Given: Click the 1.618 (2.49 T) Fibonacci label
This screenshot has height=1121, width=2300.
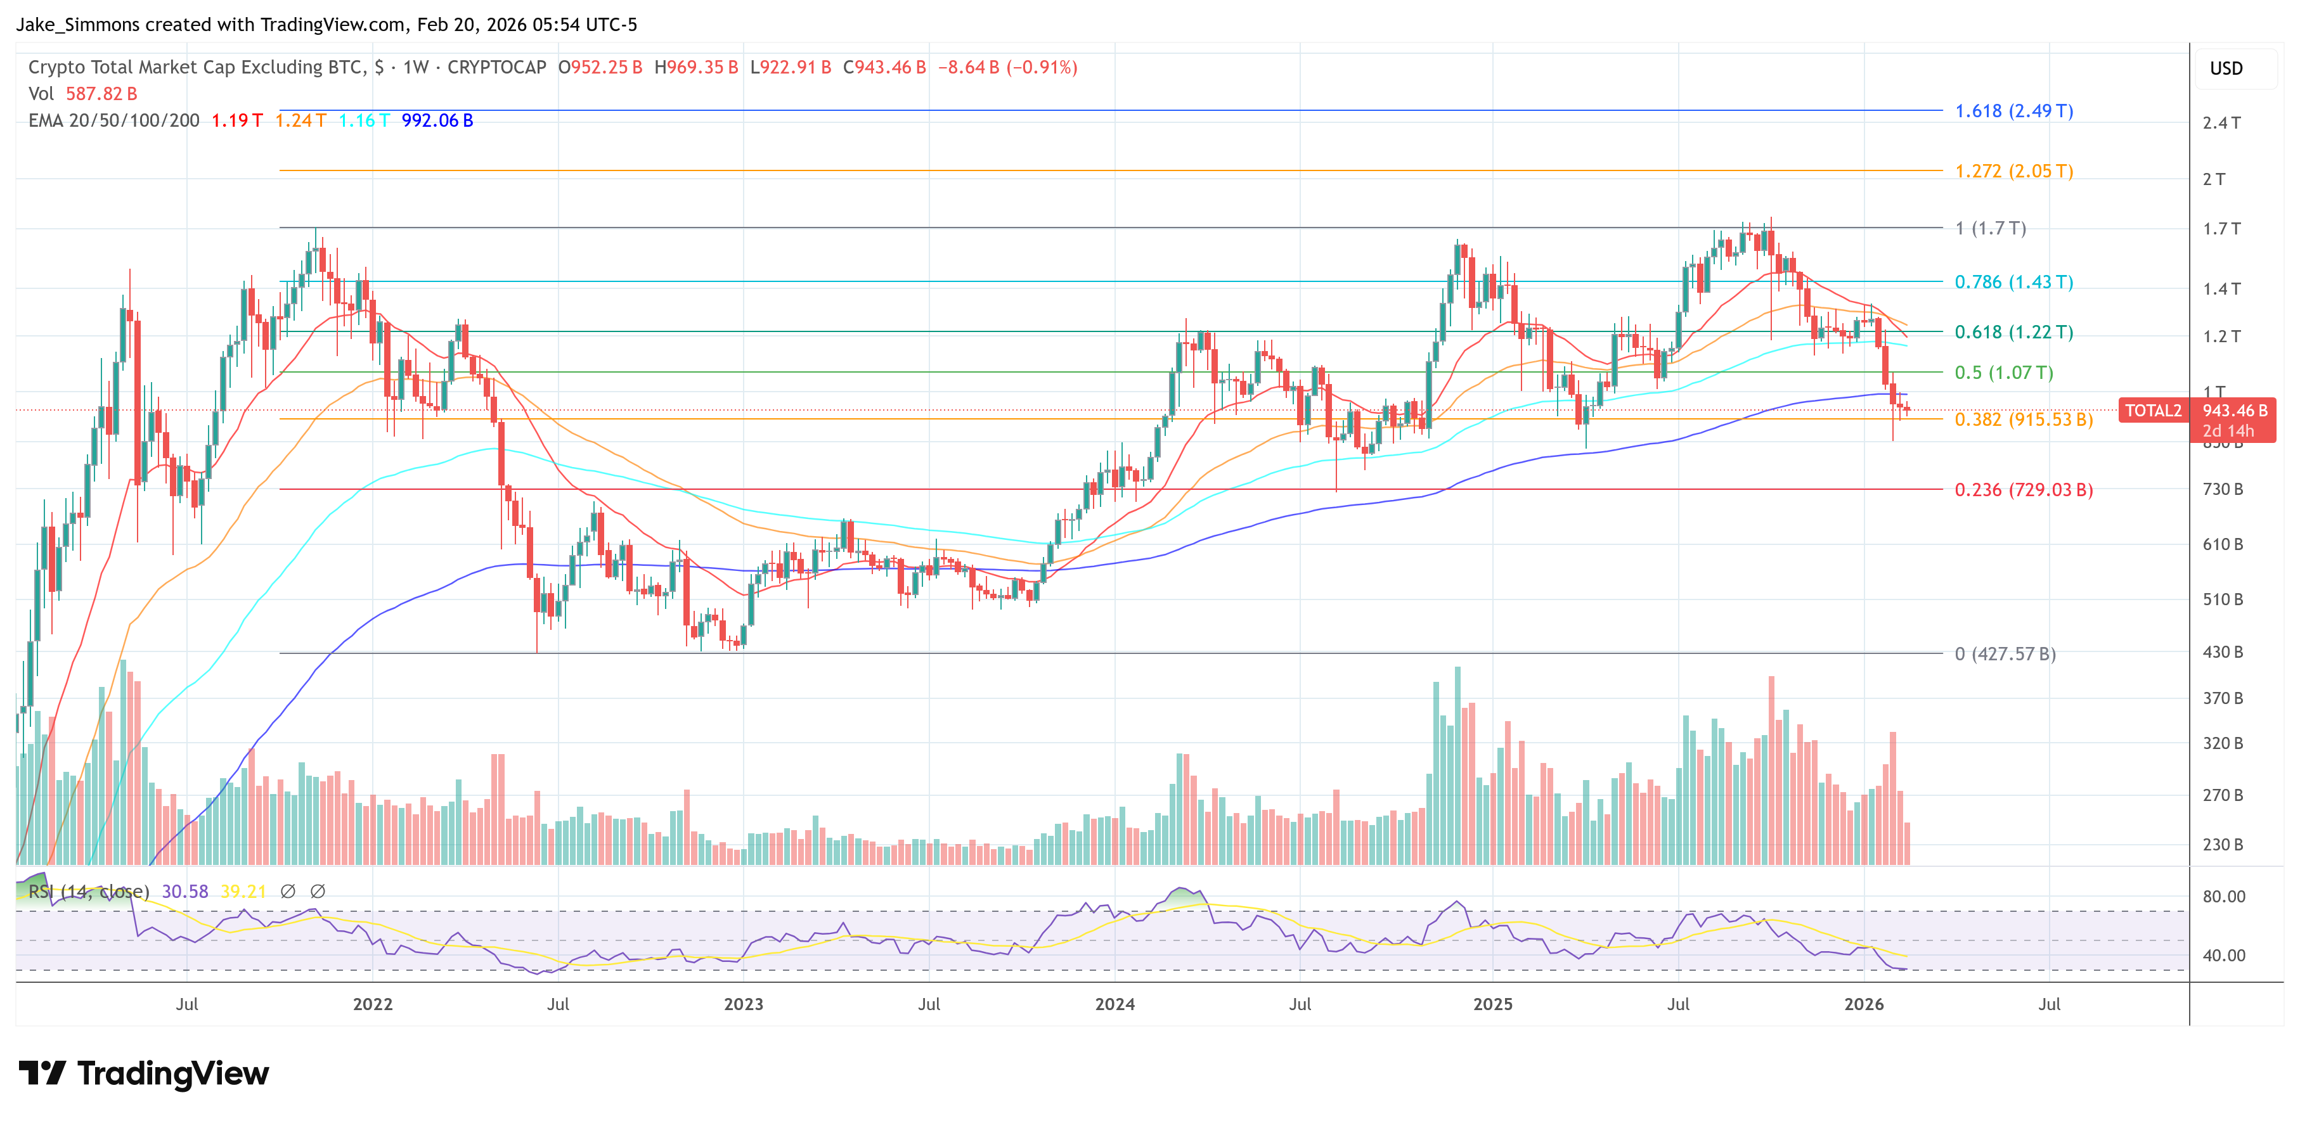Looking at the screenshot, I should pos(2013,111).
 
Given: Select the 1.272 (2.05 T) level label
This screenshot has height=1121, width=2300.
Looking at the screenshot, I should pos(2013,170).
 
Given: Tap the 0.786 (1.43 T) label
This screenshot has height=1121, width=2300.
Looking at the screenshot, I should pos(2013,282).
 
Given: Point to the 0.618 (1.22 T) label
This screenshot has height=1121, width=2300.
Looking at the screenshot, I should pos(2013,332).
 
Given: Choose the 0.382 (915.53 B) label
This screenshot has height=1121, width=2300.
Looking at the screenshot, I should pos(2023,420).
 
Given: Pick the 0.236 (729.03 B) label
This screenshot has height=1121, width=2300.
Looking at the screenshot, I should pos(2023,489).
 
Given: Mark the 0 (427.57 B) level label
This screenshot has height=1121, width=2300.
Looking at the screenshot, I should pos(2005,653).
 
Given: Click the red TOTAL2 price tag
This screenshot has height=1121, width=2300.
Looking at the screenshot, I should pos(2153,411).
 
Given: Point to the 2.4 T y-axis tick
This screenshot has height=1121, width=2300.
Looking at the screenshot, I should pos(2221,123).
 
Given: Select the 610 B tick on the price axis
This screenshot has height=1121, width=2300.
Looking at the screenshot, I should pos(2221,544).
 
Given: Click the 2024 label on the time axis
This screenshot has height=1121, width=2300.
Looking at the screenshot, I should pos(1114,1004).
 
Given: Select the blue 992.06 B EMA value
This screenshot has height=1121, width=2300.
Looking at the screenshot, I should pos(437,120).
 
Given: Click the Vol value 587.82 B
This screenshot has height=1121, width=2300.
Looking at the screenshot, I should pos(101,94).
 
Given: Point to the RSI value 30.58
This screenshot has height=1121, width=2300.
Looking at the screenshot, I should pos(185,892).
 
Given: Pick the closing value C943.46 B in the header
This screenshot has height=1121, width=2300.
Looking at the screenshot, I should pos(884,67).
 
